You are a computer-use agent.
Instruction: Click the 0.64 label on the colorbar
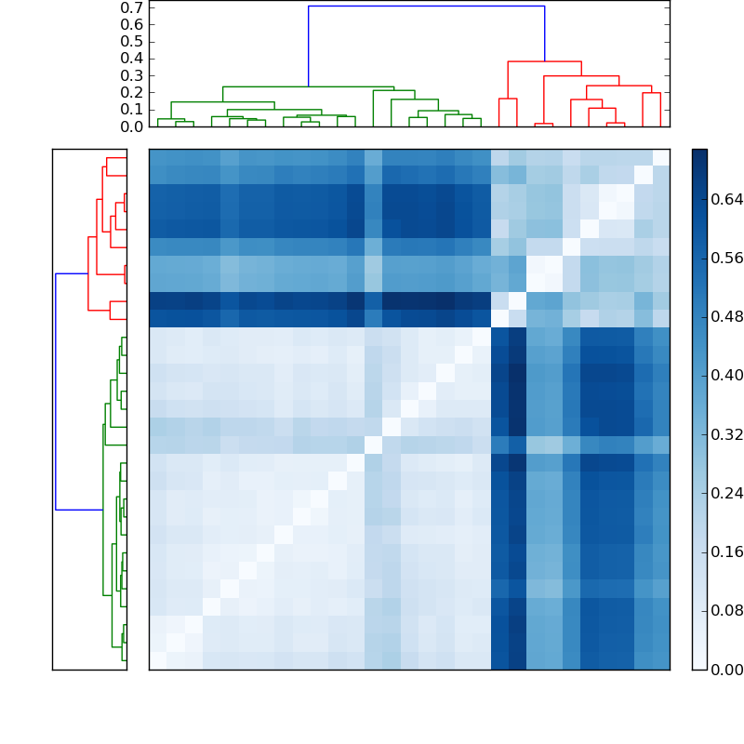click(723, 199)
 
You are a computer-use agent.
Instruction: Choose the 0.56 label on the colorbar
click(723, 258)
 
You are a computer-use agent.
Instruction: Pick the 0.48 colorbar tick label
click(723, 316)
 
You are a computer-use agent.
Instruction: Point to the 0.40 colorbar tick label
click(723, 375)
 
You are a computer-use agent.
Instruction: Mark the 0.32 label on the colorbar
click(723, 434)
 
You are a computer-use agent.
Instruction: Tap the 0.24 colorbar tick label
click(723, 493)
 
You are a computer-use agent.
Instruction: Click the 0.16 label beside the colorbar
click(723, 551)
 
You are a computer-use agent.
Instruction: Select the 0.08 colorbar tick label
click(723, 610)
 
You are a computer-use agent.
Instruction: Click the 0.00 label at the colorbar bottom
click(723, 669)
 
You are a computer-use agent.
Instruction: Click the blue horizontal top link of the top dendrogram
click(426, 7)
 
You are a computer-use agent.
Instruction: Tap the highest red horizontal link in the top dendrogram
click(544, 61)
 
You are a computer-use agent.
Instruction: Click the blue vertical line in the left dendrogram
click(56, 391)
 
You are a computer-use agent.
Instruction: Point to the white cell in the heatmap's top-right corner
click(660, 157)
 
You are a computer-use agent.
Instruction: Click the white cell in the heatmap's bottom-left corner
click(157, 660)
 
